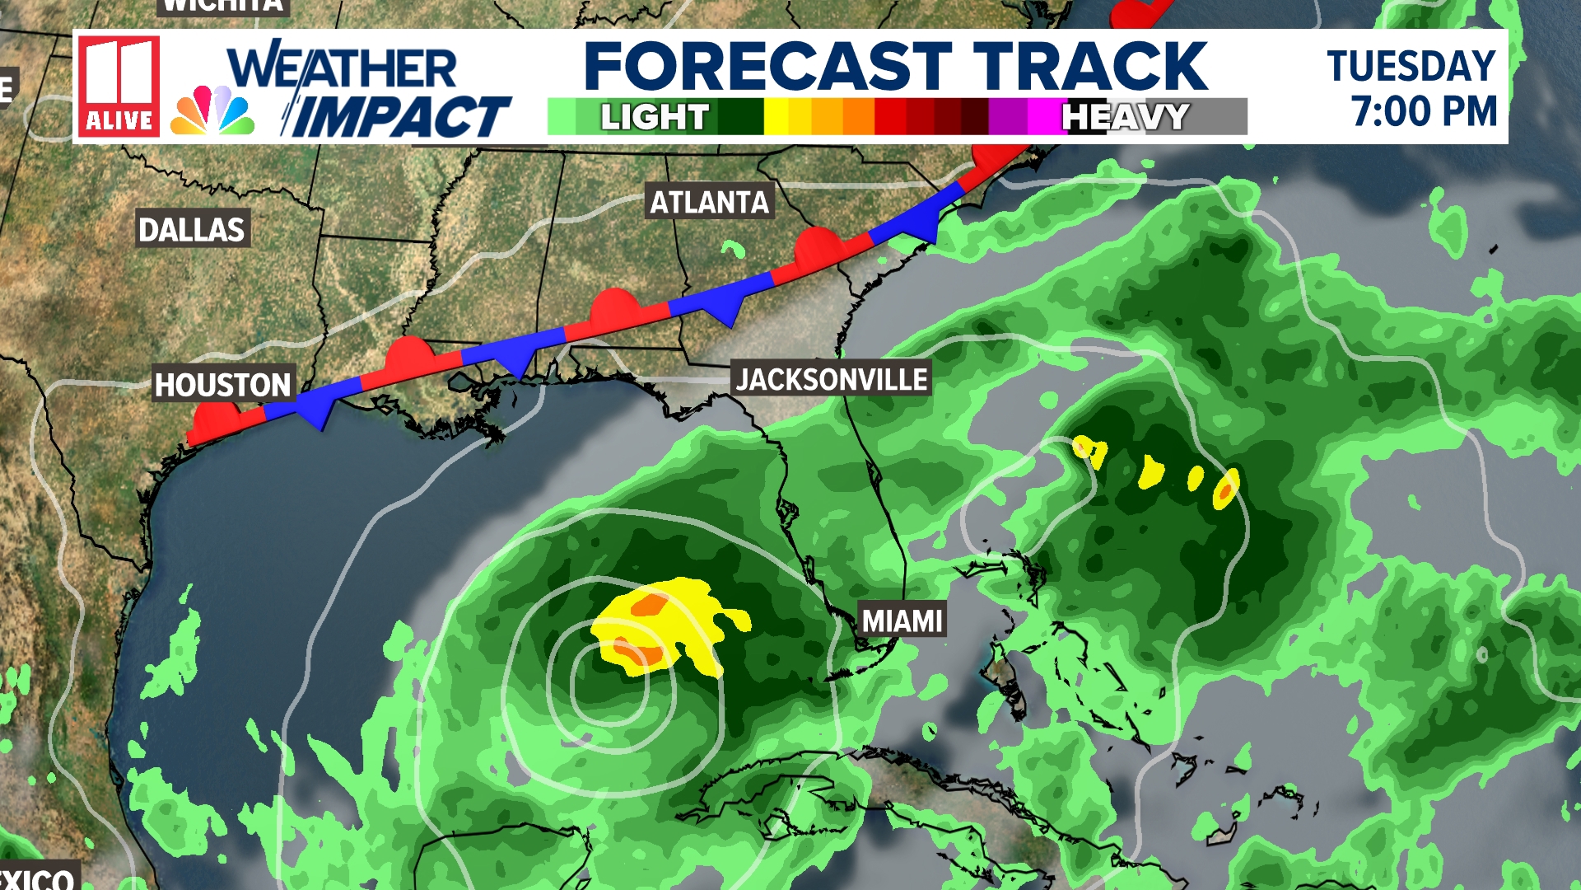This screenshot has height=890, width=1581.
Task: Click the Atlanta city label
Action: coord(709,202)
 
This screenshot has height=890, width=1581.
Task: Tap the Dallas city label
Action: coord(191,229)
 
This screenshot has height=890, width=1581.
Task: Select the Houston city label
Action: coord(222,385)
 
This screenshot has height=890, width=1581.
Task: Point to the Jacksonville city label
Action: coord(832,379)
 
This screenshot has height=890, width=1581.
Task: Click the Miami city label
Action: coord(902,620)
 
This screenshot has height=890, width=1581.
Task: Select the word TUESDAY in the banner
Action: coord(1411,66)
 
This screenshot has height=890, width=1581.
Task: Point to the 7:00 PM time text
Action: coord(1424,111)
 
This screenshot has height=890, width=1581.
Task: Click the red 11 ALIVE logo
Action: coord(119,86)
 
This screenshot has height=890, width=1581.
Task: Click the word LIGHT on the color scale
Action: coord(654,117)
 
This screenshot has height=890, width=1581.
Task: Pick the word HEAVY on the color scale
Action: coord(1125,117)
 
